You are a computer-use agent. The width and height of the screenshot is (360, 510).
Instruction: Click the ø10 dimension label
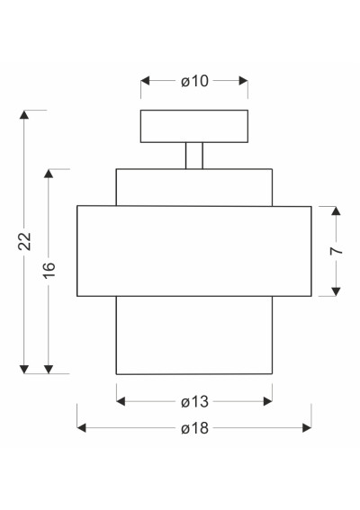point(194,81)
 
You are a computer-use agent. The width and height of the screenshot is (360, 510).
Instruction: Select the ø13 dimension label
point(194,402)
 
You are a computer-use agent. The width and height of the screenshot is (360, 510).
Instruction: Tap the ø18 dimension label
point(194,428)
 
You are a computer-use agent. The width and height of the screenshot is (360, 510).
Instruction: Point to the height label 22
point(24,241)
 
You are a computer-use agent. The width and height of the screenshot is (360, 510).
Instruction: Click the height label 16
point(49,270)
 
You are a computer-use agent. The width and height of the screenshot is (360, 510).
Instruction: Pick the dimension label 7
point(337,251)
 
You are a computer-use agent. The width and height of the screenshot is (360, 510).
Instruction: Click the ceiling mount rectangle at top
point(194,126)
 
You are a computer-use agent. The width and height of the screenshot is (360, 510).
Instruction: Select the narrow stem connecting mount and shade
point(194,156)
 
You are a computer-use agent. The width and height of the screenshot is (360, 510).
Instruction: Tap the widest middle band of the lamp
point(194,251)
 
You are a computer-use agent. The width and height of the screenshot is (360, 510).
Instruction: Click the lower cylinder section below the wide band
point(194,335)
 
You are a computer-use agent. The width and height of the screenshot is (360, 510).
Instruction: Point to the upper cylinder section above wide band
point(194,187)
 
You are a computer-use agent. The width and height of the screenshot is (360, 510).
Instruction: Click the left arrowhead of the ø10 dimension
point(145,81)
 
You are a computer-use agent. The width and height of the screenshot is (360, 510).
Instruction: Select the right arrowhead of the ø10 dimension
point(244,81)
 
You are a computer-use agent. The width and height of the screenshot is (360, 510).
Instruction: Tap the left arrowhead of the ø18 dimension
point(81,428)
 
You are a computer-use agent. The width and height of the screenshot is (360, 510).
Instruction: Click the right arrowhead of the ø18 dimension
point(307,428)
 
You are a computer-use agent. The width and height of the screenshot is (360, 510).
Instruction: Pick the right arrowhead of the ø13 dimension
point(268,402)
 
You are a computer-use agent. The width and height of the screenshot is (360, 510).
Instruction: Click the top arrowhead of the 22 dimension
point(24,115)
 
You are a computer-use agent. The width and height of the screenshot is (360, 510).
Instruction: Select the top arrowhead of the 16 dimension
point(49,174)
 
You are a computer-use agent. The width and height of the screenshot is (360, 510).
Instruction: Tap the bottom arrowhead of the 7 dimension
point(336,291)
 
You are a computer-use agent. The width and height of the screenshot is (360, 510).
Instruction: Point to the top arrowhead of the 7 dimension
point(336,210)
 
